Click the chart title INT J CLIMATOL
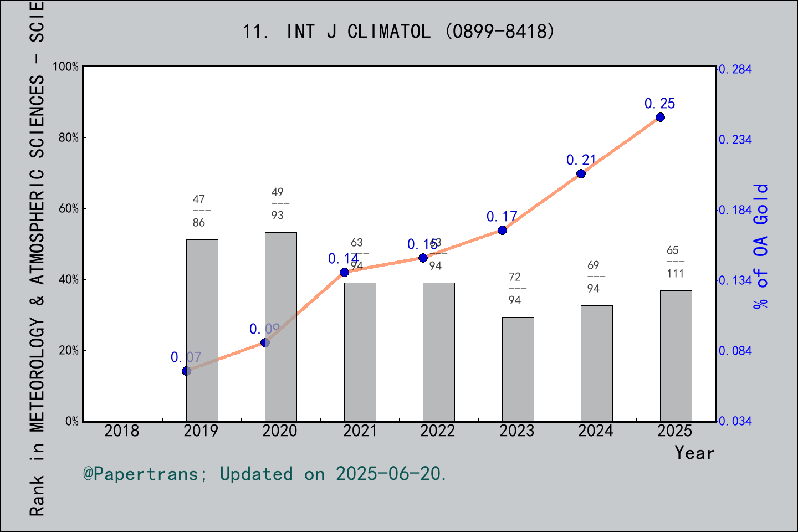[x=398, y=32]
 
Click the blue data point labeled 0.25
[x=660, y=117]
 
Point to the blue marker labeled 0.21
[x=581, y=173]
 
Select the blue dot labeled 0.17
[x=502, y=230]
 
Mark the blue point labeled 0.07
[x=187, y=371]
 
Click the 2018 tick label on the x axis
[x=122, y=431]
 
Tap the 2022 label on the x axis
[x=438, y=431]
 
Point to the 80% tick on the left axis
[x=69, y=137]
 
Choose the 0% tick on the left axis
[x=72, y=421]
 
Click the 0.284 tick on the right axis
[x=735, y=69]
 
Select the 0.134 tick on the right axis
[x=735, y=280]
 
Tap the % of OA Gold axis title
[x=760, y=246]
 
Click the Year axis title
[x=694, y=453]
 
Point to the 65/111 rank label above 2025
[x=675, y=262]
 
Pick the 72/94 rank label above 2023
[x=515, y=288]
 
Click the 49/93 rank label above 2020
[x=278, y=203]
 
